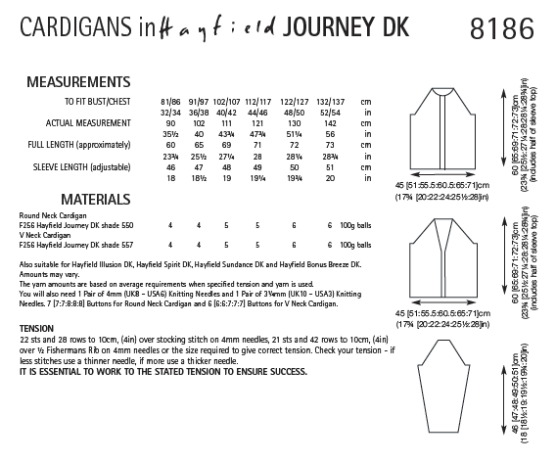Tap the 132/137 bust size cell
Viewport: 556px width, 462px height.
click(332, 100)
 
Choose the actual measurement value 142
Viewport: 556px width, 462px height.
click(332, 123)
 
